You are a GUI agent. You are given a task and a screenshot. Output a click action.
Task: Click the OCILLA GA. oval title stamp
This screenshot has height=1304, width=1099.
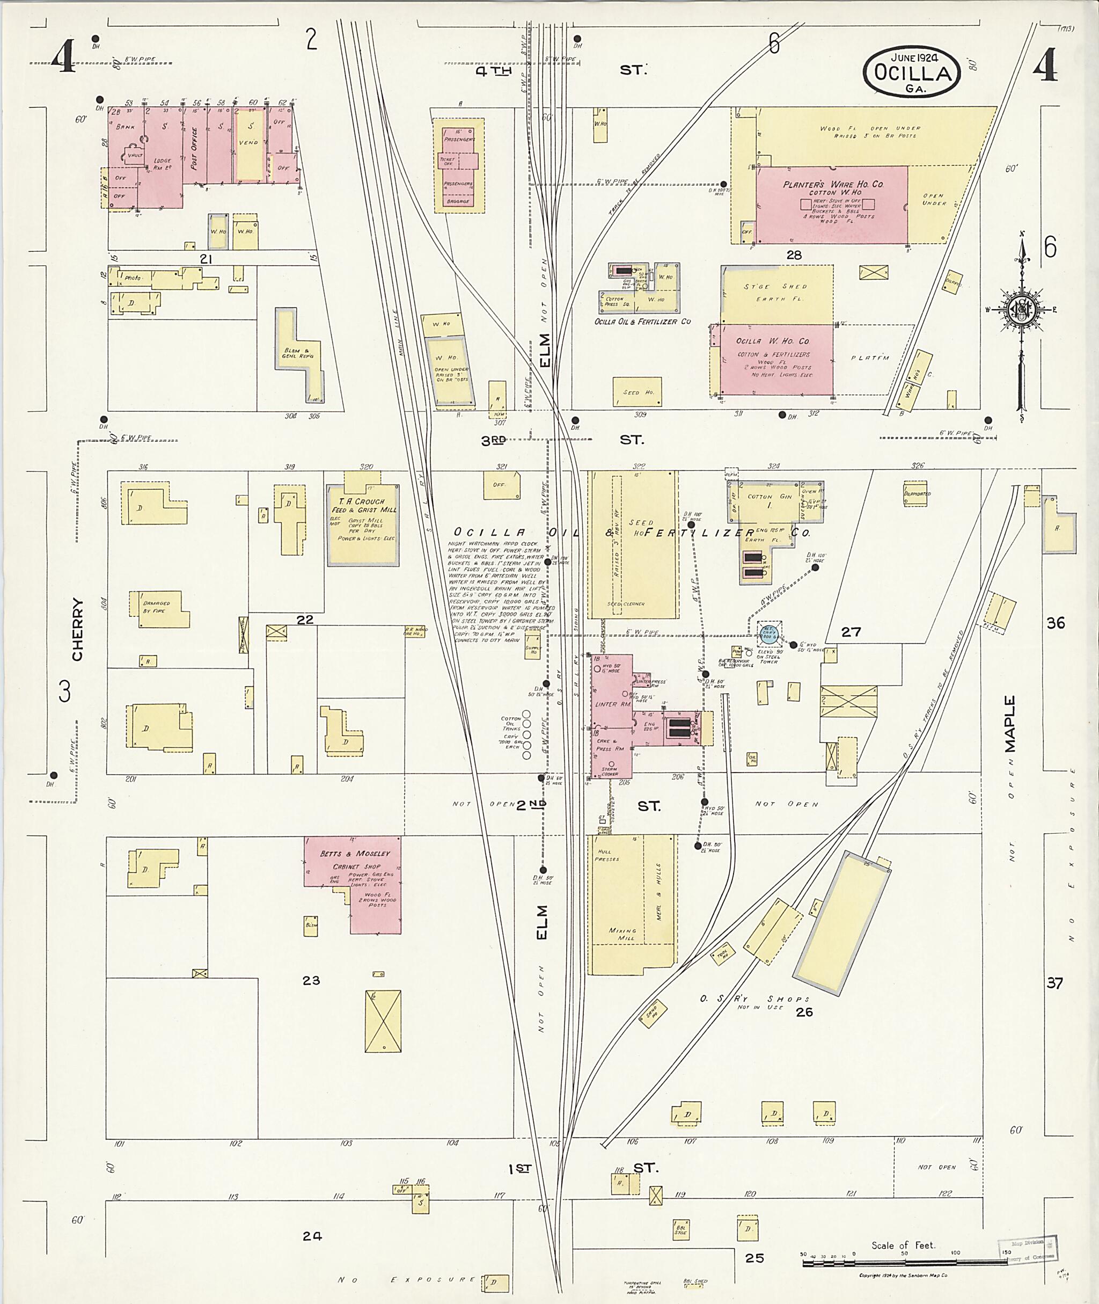click(912, 72)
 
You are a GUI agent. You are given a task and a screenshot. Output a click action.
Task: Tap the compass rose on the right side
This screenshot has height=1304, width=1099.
click(1022, 309)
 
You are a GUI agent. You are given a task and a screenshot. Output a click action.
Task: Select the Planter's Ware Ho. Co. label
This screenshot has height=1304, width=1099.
click(832, 185)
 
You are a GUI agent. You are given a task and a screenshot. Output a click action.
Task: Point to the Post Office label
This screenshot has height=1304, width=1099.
click(194, 148)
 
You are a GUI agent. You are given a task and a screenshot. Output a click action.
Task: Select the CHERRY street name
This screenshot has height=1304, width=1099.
click(77, 630)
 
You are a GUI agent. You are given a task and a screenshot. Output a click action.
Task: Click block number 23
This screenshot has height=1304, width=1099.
click(311, 980)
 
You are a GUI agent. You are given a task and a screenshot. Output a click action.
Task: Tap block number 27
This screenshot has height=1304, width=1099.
click(851, 632)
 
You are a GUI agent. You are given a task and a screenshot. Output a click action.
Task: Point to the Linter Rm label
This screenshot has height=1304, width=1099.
click(606, 704)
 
